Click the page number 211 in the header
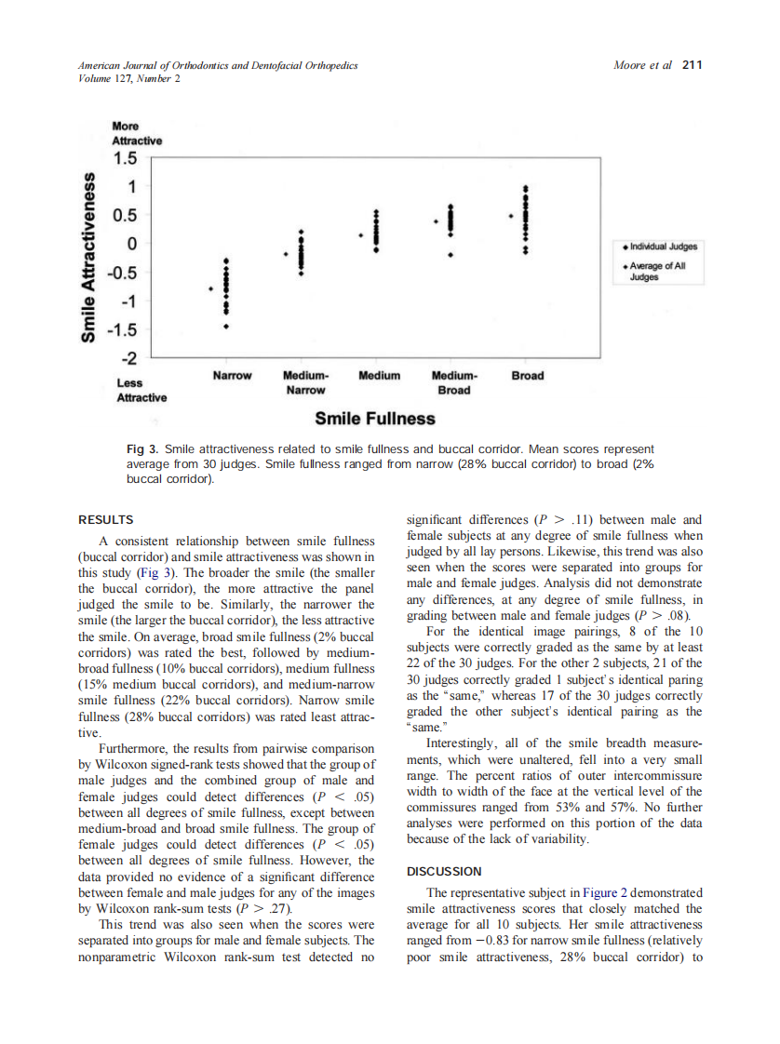tap(692, 65)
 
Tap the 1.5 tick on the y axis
tap(125, 158)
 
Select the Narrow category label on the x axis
tap(232, 376)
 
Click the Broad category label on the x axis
tap(528, 376)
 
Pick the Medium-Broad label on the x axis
tap(453, 382)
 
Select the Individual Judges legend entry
tap(663, 247)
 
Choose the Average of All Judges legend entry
tap(663, 271)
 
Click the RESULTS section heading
tap(105, 520)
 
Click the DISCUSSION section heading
tap(444, 872)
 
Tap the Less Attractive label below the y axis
tap(141, 390)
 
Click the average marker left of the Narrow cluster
tap(210, 288)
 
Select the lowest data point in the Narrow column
tap(225, 327)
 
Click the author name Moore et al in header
tap(643, 65)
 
